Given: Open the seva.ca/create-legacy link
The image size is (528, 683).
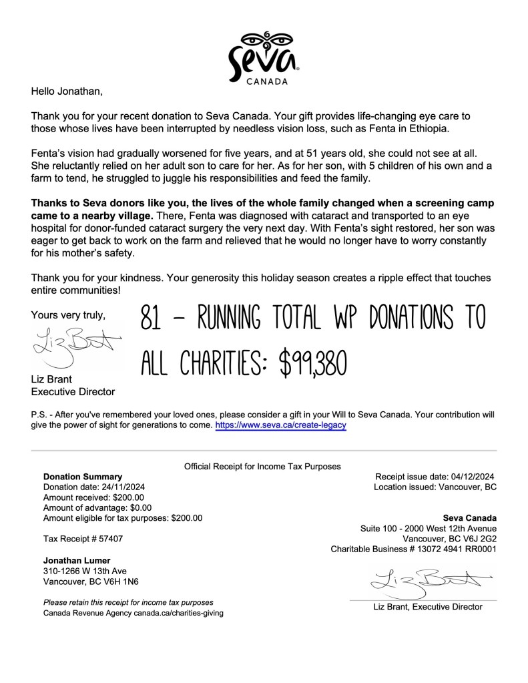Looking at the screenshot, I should coord(280,425).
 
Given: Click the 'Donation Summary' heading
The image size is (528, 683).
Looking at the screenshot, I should coord(82,477).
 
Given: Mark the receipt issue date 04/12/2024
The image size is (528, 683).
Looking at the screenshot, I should coord(471,477).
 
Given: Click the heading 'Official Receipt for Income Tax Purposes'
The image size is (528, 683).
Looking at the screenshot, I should coord(262,466).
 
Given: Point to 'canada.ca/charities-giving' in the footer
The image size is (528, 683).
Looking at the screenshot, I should coord(178,612).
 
